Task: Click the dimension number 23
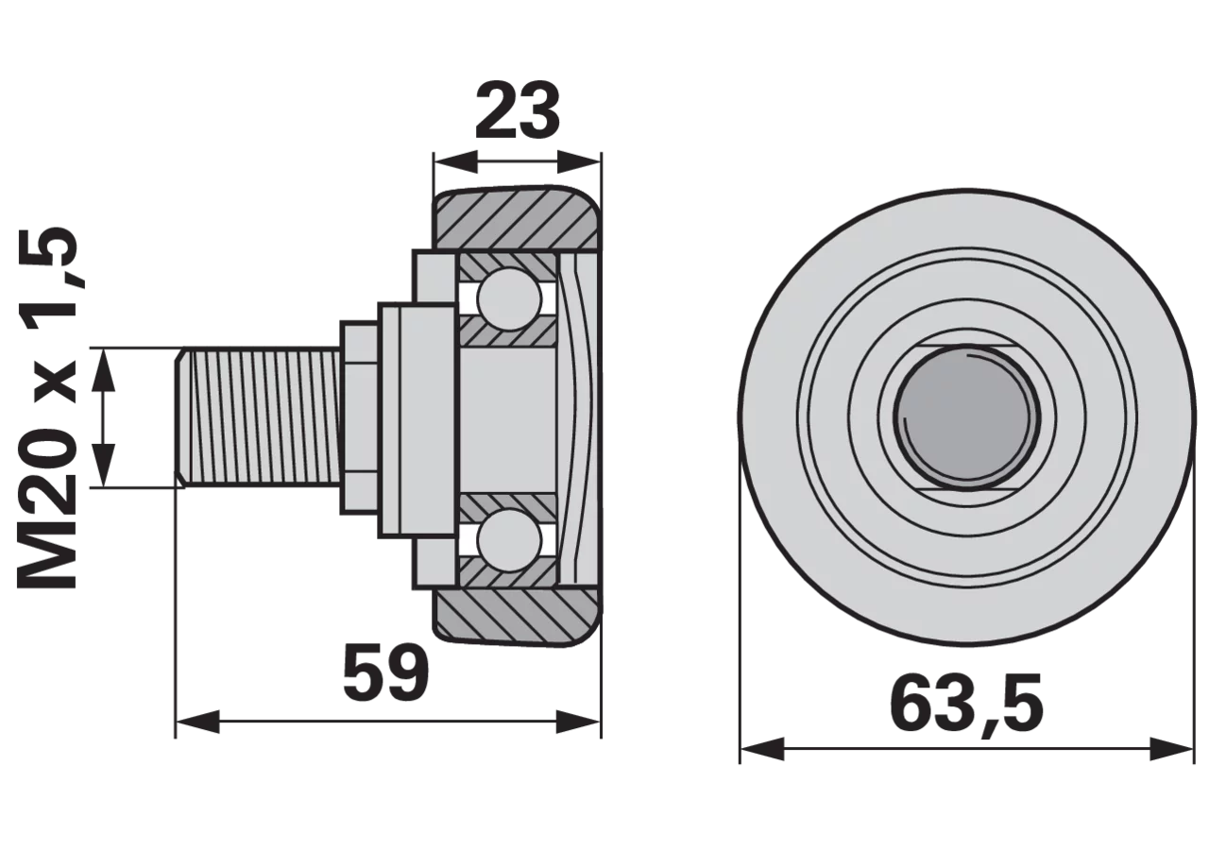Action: (517, 111)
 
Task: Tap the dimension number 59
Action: (386, 672)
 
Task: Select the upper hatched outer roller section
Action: (517, 220)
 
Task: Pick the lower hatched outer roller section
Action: (517, 615)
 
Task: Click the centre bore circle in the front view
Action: (966, 417)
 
